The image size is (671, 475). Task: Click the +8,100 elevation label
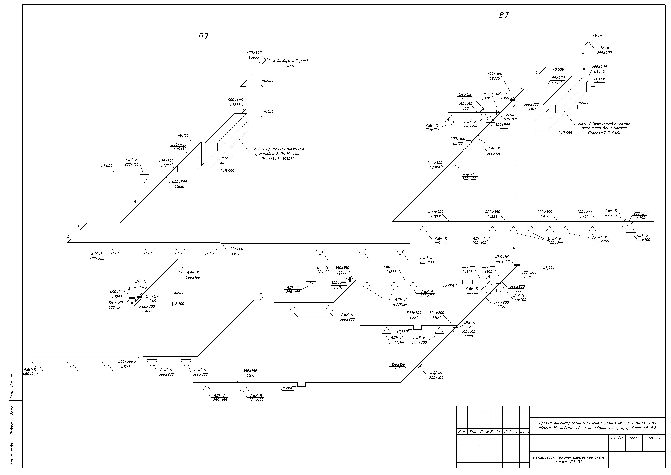click(183, 135)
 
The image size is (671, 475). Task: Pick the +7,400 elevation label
click(107, 166)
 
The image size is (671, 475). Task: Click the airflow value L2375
click(494, 78)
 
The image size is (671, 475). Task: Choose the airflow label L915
click(544, 217)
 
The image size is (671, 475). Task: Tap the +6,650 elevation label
click(268, 80)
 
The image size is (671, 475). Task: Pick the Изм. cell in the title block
click(462, 431)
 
